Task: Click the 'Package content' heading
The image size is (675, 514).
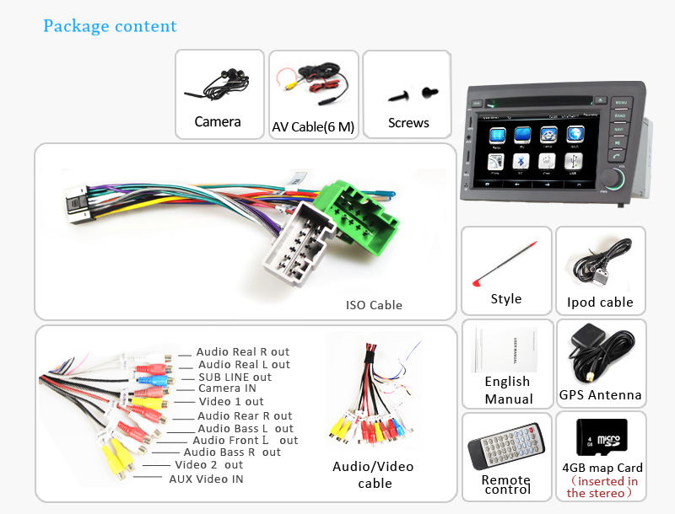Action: coord(110,26)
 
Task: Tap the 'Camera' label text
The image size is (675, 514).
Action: coord(218,122)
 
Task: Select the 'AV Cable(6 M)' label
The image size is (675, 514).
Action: coord(313,127)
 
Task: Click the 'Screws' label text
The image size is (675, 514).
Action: coord(408,123)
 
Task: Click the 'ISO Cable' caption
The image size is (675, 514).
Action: coord(374,305)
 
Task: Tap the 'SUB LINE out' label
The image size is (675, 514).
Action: coord(235,377)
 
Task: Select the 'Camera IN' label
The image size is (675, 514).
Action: coord(227,388)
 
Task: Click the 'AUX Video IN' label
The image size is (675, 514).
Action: coord(206,479)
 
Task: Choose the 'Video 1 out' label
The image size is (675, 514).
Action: coord(230,402)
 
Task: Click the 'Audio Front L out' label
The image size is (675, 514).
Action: coord(245,440)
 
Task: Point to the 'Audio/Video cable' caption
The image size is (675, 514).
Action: coord(373,474)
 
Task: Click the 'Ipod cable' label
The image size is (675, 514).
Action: coord(600,302)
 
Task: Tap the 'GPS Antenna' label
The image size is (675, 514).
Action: coord(600,394)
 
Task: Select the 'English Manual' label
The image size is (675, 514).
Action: coord(508,390)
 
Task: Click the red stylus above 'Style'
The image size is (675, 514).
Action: coord(506,264)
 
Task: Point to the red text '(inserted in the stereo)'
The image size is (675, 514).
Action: coord(602,487)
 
